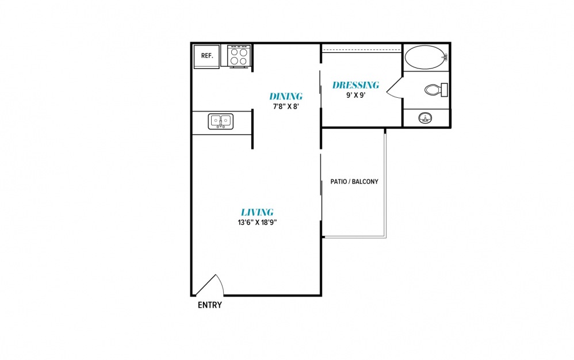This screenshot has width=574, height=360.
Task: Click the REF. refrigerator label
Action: click(207, 56)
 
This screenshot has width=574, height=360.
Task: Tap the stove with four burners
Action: click(239, 57)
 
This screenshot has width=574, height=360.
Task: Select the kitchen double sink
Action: click(221, 121)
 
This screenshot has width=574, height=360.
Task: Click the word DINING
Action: click(286, 96)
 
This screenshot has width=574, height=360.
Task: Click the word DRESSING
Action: click(355, 85)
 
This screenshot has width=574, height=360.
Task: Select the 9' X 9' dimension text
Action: click(356, 95)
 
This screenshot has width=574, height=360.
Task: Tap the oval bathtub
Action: click(426, 57)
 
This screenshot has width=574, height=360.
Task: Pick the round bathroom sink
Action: click(425, 118)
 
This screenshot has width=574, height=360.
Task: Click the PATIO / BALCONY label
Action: click(354, 182)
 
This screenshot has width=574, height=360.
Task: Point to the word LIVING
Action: click(257, 212)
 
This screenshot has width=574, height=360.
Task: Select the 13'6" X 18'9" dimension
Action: click(257, 223)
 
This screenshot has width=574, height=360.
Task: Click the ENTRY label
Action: click(210, 305)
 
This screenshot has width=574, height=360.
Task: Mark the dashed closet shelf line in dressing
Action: click(361, 50)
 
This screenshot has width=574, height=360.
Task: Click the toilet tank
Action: click(445, 90)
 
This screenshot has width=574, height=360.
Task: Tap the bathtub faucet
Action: click(445, 57)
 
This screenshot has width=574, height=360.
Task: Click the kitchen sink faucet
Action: click(221, 122)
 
